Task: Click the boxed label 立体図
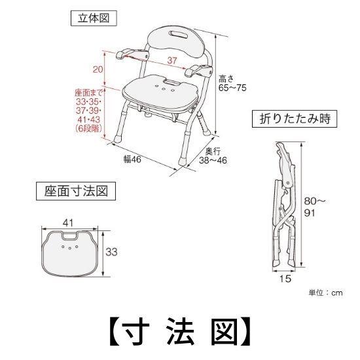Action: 89,19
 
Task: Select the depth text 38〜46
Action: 210,160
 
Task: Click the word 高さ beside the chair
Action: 226,77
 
